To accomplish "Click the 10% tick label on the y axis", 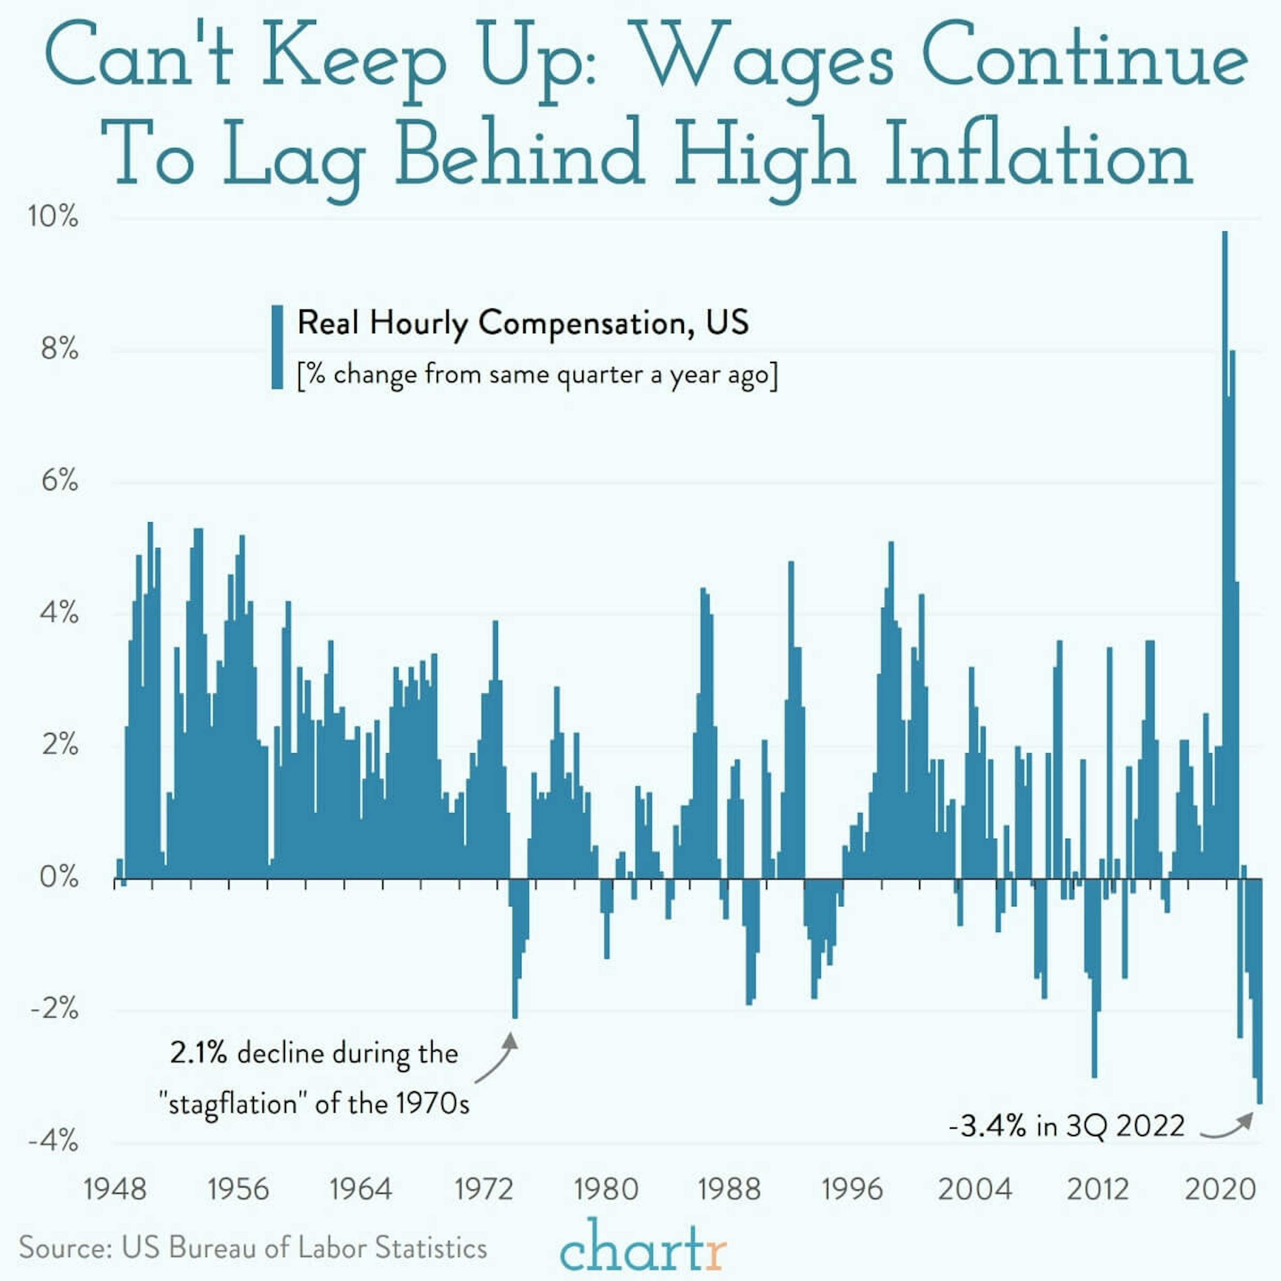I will click(53, 217).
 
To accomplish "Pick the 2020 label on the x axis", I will click(1220, 1189).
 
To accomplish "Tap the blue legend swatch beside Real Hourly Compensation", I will click(277, 347).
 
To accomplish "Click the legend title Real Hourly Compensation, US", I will click(522, 323).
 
